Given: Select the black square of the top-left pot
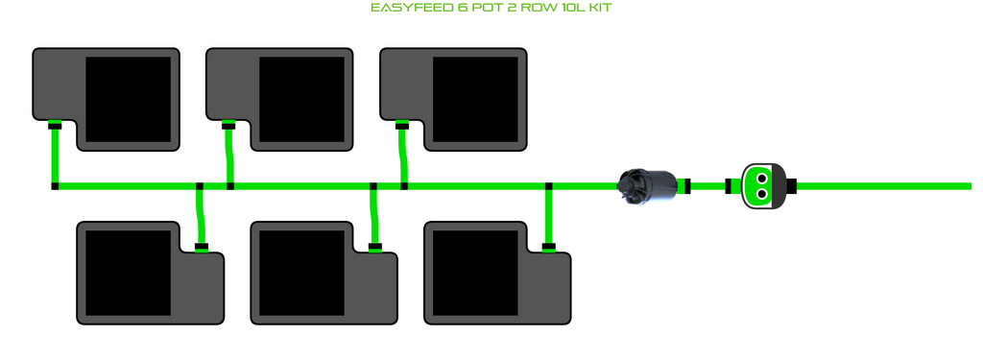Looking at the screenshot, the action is click(x=128, y=100).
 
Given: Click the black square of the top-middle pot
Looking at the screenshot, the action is click(x=301, y=100).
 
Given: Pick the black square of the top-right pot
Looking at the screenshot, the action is click(x=475, y=100).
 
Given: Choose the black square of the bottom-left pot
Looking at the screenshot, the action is click(x=128, y=273).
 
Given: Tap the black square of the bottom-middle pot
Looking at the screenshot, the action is click(x=301, y=273).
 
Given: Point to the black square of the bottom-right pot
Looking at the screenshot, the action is click(x=475, y=273).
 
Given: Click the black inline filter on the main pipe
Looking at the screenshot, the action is click(x=647, y=185).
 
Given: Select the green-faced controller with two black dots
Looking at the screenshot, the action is click(x=762, y=186).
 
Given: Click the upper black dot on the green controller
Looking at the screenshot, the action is click(x=761, y=179).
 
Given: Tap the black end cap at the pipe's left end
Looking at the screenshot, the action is click(x=55, y=186).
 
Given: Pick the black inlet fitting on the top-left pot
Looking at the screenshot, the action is click(x=55, y=126).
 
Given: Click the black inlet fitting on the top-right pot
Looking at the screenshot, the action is click(x=402, y=126).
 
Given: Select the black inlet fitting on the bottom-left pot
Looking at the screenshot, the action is click(x=201, y=247).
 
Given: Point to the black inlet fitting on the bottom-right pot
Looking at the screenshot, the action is click(x=548, y=247).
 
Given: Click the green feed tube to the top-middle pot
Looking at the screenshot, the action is click(x=229, y=156).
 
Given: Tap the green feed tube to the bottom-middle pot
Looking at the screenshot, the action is click(x=374, y=216).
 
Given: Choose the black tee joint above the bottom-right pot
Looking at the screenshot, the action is click(x=548, y=186).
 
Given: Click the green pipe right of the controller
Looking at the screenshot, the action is click(x=883, y=186).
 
